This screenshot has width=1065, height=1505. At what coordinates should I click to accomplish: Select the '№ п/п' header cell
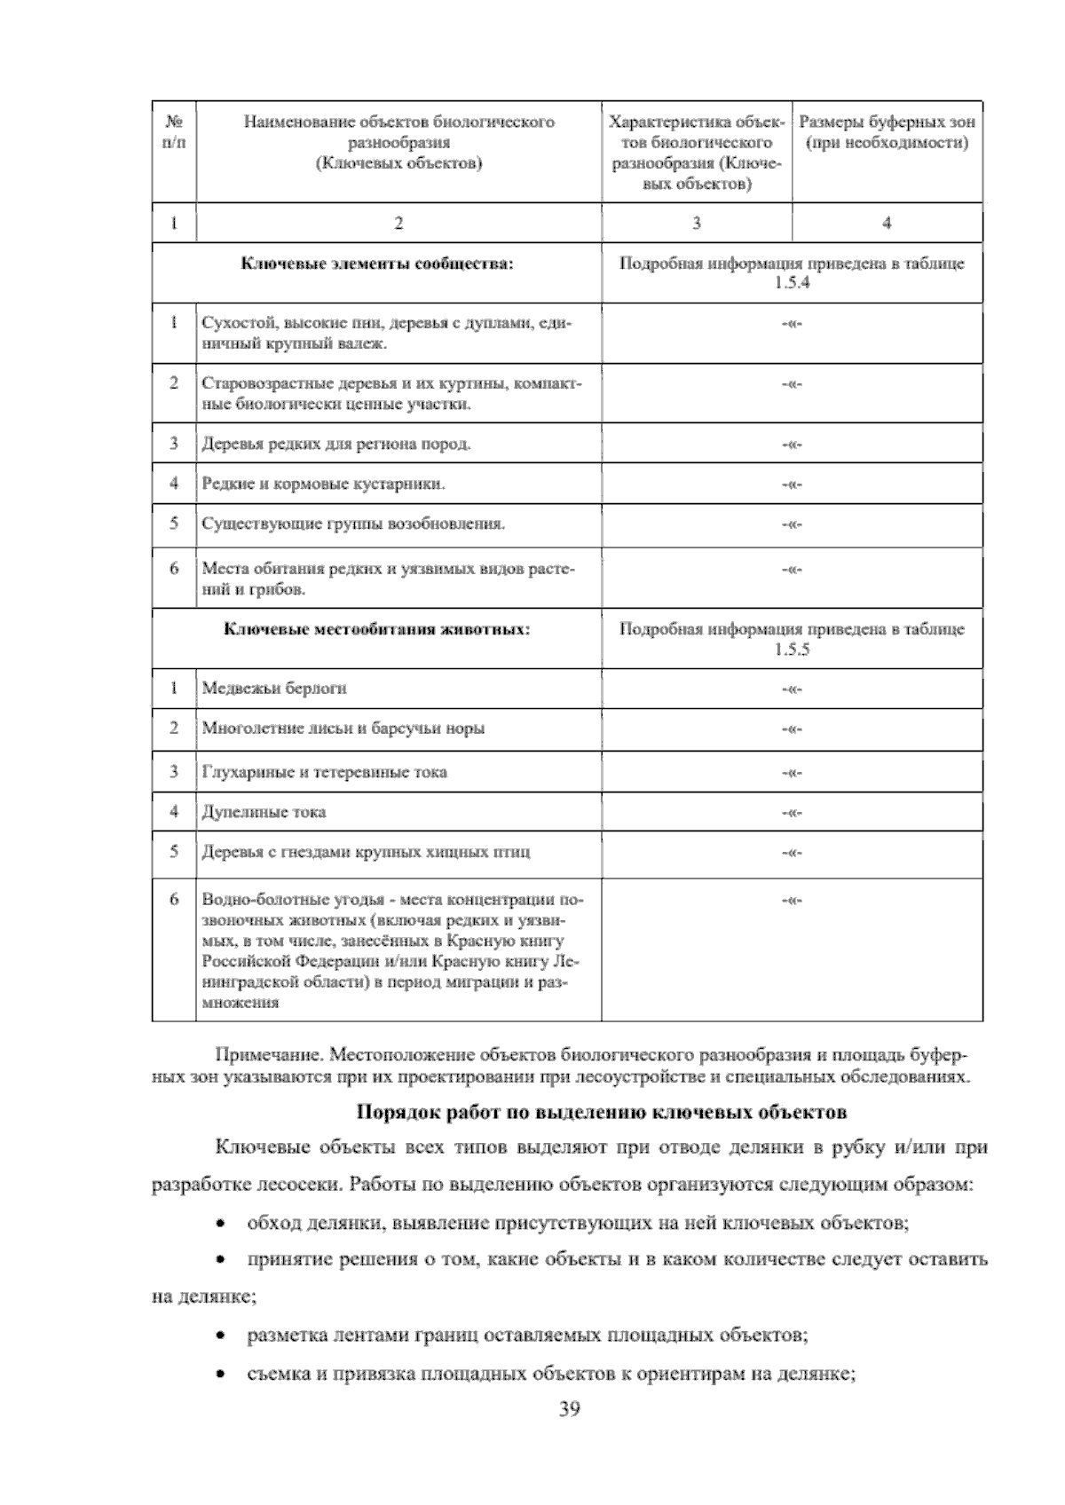174,131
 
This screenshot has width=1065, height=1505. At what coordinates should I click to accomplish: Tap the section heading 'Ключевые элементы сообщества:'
377,264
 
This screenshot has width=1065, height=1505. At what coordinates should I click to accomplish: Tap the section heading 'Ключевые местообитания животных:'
377,629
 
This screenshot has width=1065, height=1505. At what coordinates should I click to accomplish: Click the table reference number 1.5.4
792,283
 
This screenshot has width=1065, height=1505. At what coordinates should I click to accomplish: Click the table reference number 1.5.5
792,649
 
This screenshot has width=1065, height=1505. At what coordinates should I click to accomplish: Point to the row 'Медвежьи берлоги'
274,688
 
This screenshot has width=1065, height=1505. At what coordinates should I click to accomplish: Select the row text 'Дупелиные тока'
264,811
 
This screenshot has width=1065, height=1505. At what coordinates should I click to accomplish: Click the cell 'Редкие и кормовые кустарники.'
324,484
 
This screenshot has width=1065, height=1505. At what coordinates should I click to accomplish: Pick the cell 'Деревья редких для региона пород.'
336,444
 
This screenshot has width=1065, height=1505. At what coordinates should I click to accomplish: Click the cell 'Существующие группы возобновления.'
353,524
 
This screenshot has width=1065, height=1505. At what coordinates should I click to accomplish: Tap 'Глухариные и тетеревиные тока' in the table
325,772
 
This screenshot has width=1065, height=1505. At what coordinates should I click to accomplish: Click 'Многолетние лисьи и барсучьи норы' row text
343,729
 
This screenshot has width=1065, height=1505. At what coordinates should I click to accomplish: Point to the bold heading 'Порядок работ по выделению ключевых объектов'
601,1112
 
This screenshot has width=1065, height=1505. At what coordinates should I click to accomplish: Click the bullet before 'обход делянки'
220,1225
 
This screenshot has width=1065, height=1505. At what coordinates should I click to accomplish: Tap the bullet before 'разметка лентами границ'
220,1336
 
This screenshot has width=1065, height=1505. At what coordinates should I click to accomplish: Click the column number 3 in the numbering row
697,223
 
